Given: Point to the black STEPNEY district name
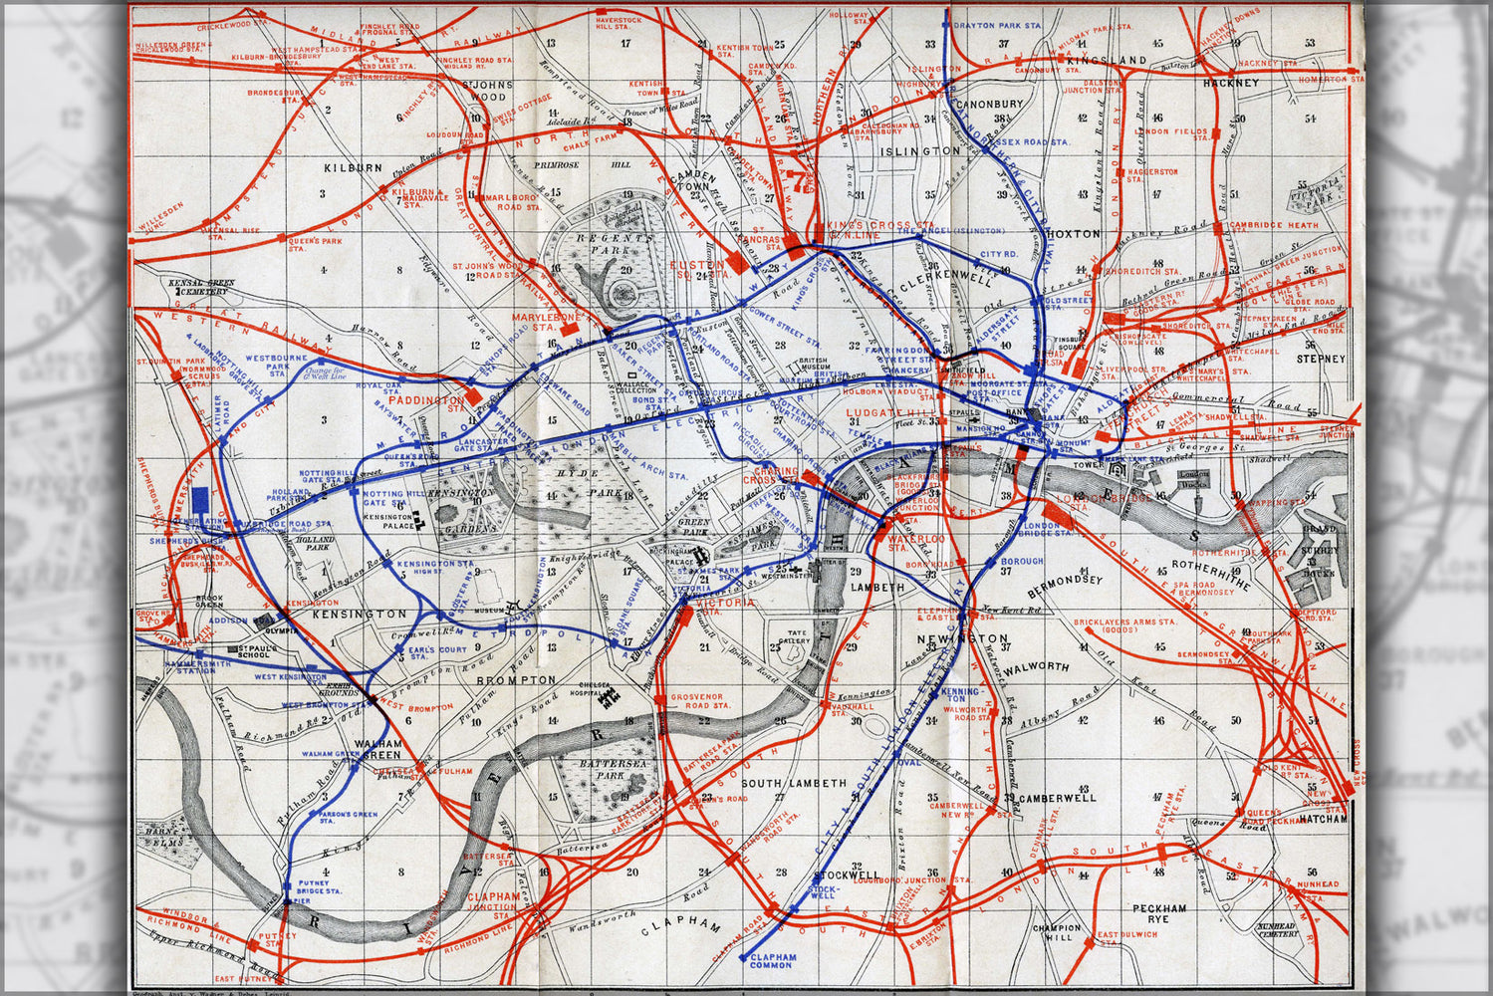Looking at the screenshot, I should coord(1321,359).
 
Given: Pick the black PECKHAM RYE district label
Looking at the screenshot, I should coord(1159,915).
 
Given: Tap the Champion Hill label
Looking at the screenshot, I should coord(1057,933).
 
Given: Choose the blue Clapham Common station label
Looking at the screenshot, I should coord(773,960).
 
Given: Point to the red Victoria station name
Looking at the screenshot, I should coord(726,604).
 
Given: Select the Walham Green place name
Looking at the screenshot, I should coord(377,748).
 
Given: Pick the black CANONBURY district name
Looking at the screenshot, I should coord(988,104).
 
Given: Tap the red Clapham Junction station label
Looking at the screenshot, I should coord(493,902).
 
